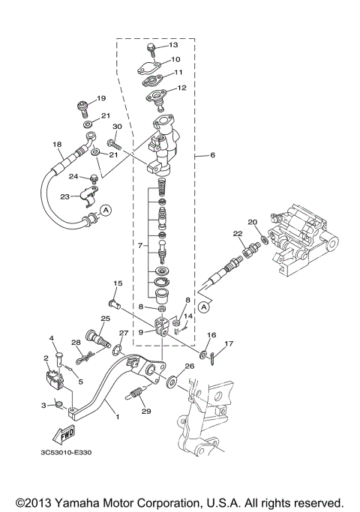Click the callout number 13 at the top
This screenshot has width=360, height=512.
click(173, 45)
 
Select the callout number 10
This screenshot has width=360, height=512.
click(175, 59)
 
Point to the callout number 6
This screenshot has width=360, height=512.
click(212, 155)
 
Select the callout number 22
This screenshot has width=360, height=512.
click(238, 235)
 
